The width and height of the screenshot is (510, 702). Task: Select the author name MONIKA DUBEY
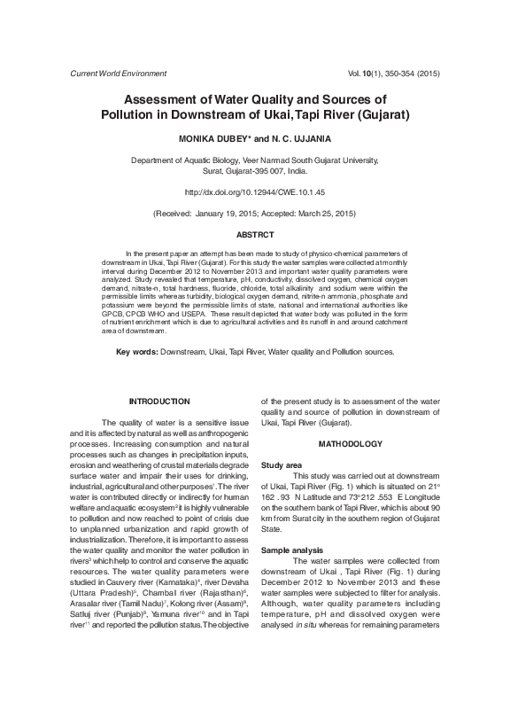click(x=215, y=139)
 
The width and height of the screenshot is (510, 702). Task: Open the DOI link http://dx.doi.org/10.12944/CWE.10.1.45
click(x=255, y=191)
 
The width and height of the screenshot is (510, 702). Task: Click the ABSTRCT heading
click(x=255, y=234)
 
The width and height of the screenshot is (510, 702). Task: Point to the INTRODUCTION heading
click(x=159, y=402)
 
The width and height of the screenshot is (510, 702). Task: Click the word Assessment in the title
click(x=167, y=100)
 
